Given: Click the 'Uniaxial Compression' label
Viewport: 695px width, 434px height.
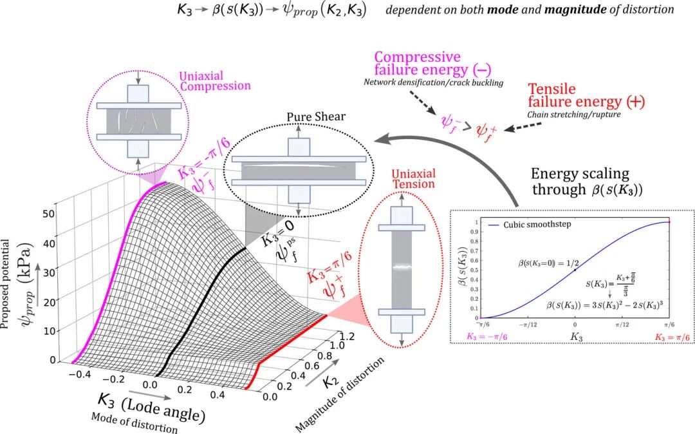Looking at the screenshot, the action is [215, 81].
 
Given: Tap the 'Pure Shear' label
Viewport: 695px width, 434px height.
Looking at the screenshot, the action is [316, 117].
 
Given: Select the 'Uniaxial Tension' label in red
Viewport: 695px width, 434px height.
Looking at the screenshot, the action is [414, 178].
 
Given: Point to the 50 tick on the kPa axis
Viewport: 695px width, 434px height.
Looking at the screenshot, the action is [49, 214].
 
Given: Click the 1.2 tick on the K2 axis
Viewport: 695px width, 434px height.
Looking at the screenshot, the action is [347, 337].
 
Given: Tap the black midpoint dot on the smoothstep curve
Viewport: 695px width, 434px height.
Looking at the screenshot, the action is [575, 270].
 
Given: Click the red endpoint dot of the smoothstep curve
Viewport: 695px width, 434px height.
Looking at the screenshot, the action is [669, 222].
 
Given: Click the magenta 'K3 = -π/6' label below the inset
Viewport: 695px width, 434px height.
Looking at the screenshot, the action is [486, 337].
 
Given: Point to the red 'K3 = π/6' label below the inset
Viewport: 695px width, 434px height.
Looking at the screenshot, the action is [672, 337].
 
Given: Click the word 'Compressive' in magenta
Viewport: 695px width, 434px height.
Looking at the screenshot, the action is [418, 57].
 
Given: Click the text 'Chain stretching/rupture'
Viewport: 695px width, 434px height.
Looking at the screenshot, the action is [574, 115].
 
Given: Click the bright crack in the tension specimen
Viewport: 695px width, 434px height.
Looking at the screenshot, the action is [402, 267].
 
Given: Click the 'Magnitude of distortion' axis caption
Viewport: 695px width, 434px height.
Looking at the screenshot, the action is [340, 395].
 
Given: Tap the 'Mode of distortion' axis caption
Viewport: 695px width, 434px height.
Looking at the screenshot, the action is [134, 422].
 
